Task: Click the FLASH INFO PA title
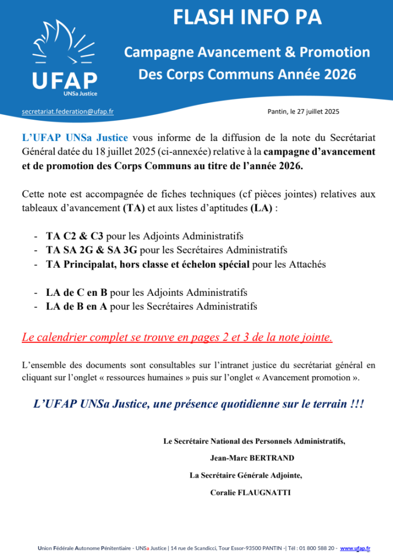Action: (x=247, y=18)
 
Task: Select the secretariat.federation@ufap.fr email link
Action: (x=67, y=111)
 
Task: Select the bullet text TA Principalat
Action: (x=82, y=264)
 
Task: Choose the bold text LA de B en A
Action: (x=77, y=306)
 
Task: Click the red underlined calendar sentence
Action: (x=177, y=337)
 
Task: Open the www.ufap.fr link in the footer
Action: (x=355, y=548)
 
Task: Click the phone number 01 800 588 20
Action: (x=314, y=548)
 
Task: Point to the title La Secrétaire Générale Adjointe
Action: (x=245, y=475)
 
